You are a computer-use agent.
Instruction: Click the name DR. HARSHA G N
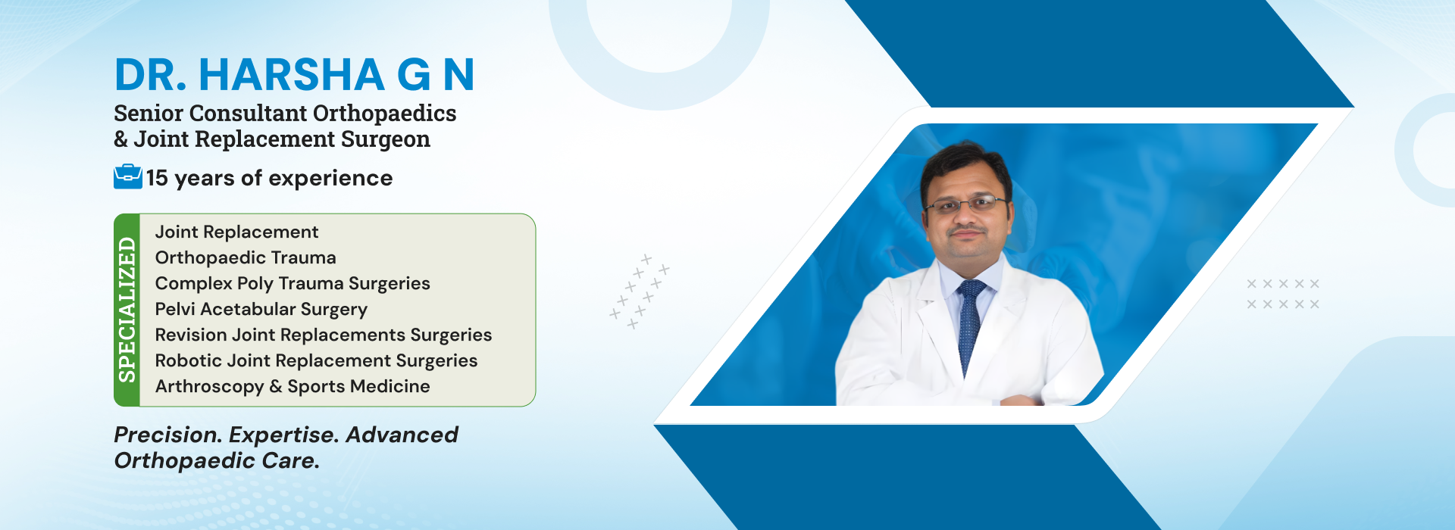click(x=294, y=74)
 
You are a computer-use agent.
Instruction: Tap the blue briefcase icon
click(x=128, y=176)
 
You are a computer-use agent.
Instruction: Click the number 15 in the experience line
click(x=157, y=178)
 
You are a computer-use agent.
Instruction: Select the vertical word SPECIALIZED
click(x=127, y=310)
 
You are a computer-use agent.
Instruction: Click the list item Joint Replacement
click(x=236, y=232)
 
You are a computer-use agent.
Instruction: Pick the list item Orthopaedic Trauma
click(x=246, y=257)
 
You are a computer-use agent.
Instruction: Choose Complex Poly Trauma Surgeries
click(x=293, y=283)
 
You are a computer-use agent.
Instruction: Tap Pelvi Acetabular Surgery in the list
click(x=261, y=309)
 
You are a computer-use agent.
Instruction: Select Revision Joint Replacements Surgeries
click(x=324, y=335)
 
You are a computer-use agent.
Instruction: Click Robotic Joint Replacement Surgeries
click(x=316, y=360)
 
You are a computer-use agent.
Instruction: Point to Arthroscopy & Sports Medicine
click(x=293, y=386)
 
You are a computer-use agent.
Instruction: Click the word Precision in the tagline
click(x=168, y=435)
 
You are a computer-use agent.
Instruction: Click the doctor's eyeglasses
click(x=965, y=204)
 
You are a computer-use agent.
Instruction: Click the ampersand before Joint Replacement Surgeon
click(x=121, y=139)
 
